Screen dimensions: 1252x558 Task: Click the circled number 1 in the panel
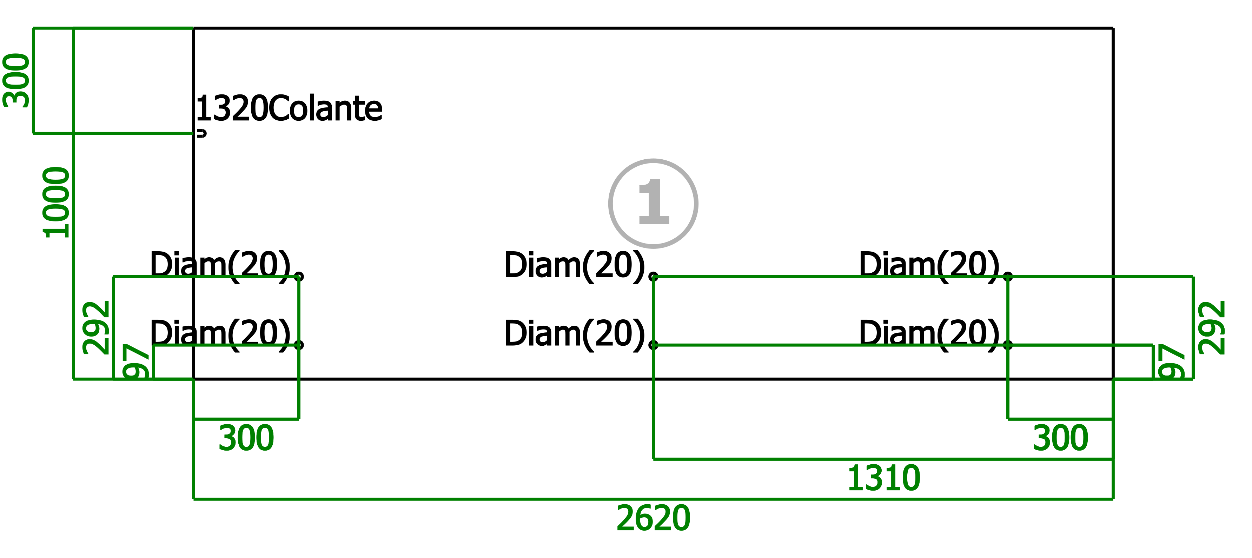tap(653, 203)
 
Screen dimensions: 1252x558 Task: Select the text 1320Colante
tap(289, 108)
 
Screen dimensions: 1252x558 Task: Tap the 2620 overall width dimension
tap(653, 518)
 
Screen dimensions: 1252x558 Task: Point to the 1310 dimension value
tap(883, 478)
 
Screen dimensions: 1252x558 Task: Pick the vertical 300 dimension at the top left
tap(16, 80)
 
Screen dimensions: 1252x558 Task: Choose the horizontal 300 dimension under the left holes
tap(246, 438)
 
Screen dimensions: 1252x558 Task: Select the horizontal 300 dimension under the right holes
tap(1060, 438)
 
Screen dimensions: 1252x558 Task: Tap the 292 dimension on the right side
tap(1212, 328)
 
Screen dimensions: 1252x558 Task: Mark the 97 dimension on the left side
tap(136, 361)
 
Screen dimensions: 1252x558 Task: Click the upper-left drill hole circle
tap(299, 277)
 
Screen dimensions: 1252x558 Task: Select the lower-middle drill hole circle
tap(654, 345)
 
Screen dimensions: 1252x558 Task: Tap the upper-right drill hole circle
tap(1008, 277)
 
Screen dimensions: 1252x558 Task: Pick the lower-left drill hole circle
tap(299, 345)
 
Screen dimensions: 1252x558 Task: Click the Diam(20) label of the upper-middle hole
tap(575, 266)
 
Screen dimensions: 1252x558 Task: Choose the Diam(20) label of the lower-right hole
tap(930, 334)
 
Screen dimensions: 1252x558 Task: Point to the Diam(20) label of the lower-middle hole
tap(575, 334)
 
